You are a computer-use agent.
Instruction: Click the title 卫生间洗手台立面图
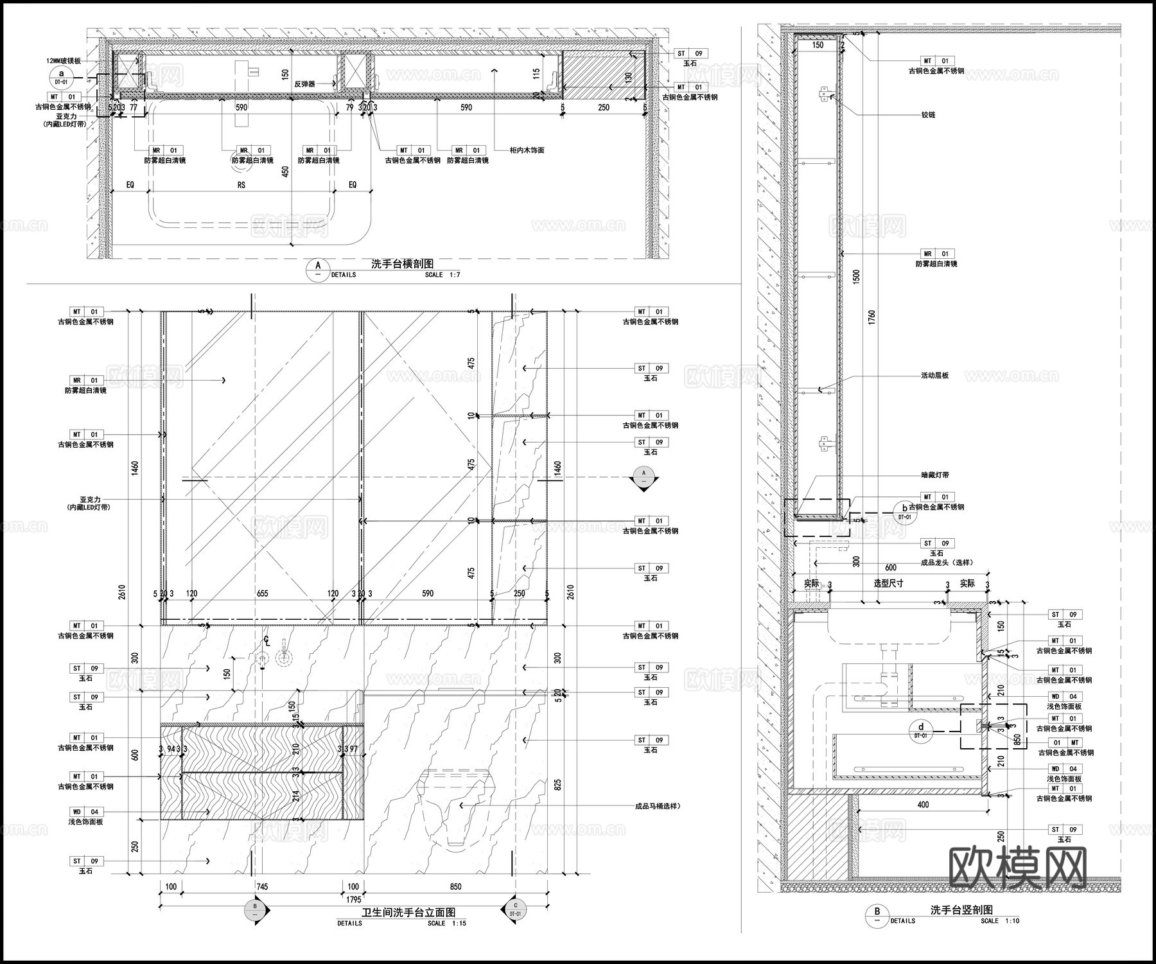(x=408, y=913)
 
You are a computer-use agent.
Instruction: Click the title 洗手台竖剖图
(x=961, y=909)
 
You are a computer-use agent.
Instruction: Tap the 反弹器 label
(x=304, y=84)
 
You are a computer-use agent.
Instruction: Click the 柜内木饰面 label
(x=527, y=150)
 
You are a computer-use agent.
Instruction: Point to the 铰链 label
(x=928, y=115)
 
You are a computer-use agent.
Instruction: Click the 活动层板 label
(x=934, y=376)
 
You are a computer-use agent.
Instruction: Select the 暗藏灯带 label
(x=934, y=475)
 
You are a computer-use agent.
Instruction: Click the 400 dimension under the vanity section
(x=922, y=805)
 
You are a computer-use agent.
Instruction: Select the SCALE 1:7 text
(x=442, y=275)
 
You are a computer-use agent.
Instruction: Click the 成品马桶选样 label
(x=657, y=806)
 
